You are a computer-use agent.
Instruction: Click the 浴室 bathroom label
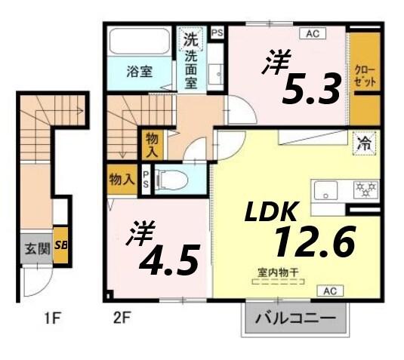(139, 72)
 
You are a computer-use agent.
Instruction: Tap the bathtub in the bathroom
(140, 42)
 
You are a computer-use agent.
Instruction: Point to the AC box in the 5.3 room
(311, 33)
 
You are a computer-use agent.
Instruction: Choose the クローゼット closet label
(362, 75)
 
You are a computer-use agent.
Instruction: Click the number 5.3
(310, 91)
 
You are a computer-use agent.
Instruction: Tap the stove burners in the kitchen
(367, 187)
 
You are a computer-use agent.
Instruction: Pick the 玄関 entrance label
(33, 248)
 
